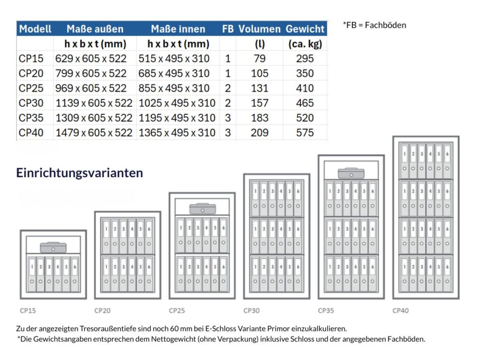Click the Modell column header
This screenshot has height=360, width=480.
[x=35, y=29]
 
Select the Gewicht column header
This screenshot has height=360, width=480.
[x=305, y=29]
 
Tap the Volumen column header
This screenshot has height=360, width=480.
[x=259, y=29]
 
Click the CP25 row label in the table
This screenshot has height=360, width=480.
[x=31, y=88]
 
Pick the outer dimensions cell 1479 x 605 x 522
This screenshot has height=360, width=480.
[x=94, y=133]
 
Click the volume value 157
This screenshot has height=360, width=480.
[x=259, y=103]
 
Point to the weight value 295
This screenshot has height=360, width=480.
[x=305, y=59]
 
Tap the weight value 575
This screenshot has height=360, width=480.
[x=305, y=133]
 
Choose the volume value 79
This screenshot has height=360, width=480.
[x=259, y=59]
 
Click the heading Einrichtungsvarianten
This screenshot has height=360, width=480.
[x=79, y=173]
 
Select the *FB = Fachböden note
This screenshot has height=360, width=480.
[x=374, y=25]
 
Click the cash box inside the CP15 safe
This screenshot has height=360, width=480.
[x=53, y=247]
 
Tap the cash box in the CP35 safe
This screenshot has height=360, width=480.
[x=351, y=172]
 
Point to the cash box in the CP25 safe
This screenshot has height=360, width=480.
[x=202, y=209]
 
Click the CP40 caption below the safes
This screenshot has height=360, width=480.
[x=401, y=310]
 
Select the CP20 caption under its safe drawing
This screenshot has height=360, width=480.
[x=103, y=310]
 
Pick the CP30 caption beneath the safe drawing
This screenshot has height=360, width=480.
[x=252, y=310]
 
